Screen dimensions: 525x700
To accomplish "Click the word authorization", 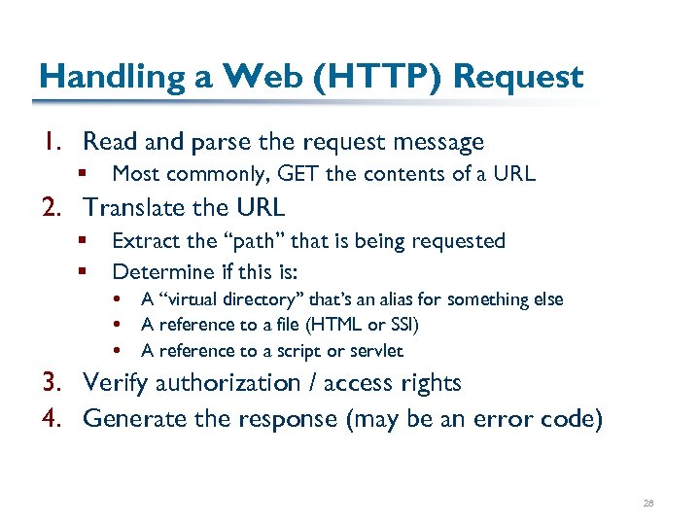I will point(218,383).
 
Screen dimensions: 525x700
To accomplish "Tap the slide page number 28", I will point(648,504).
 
